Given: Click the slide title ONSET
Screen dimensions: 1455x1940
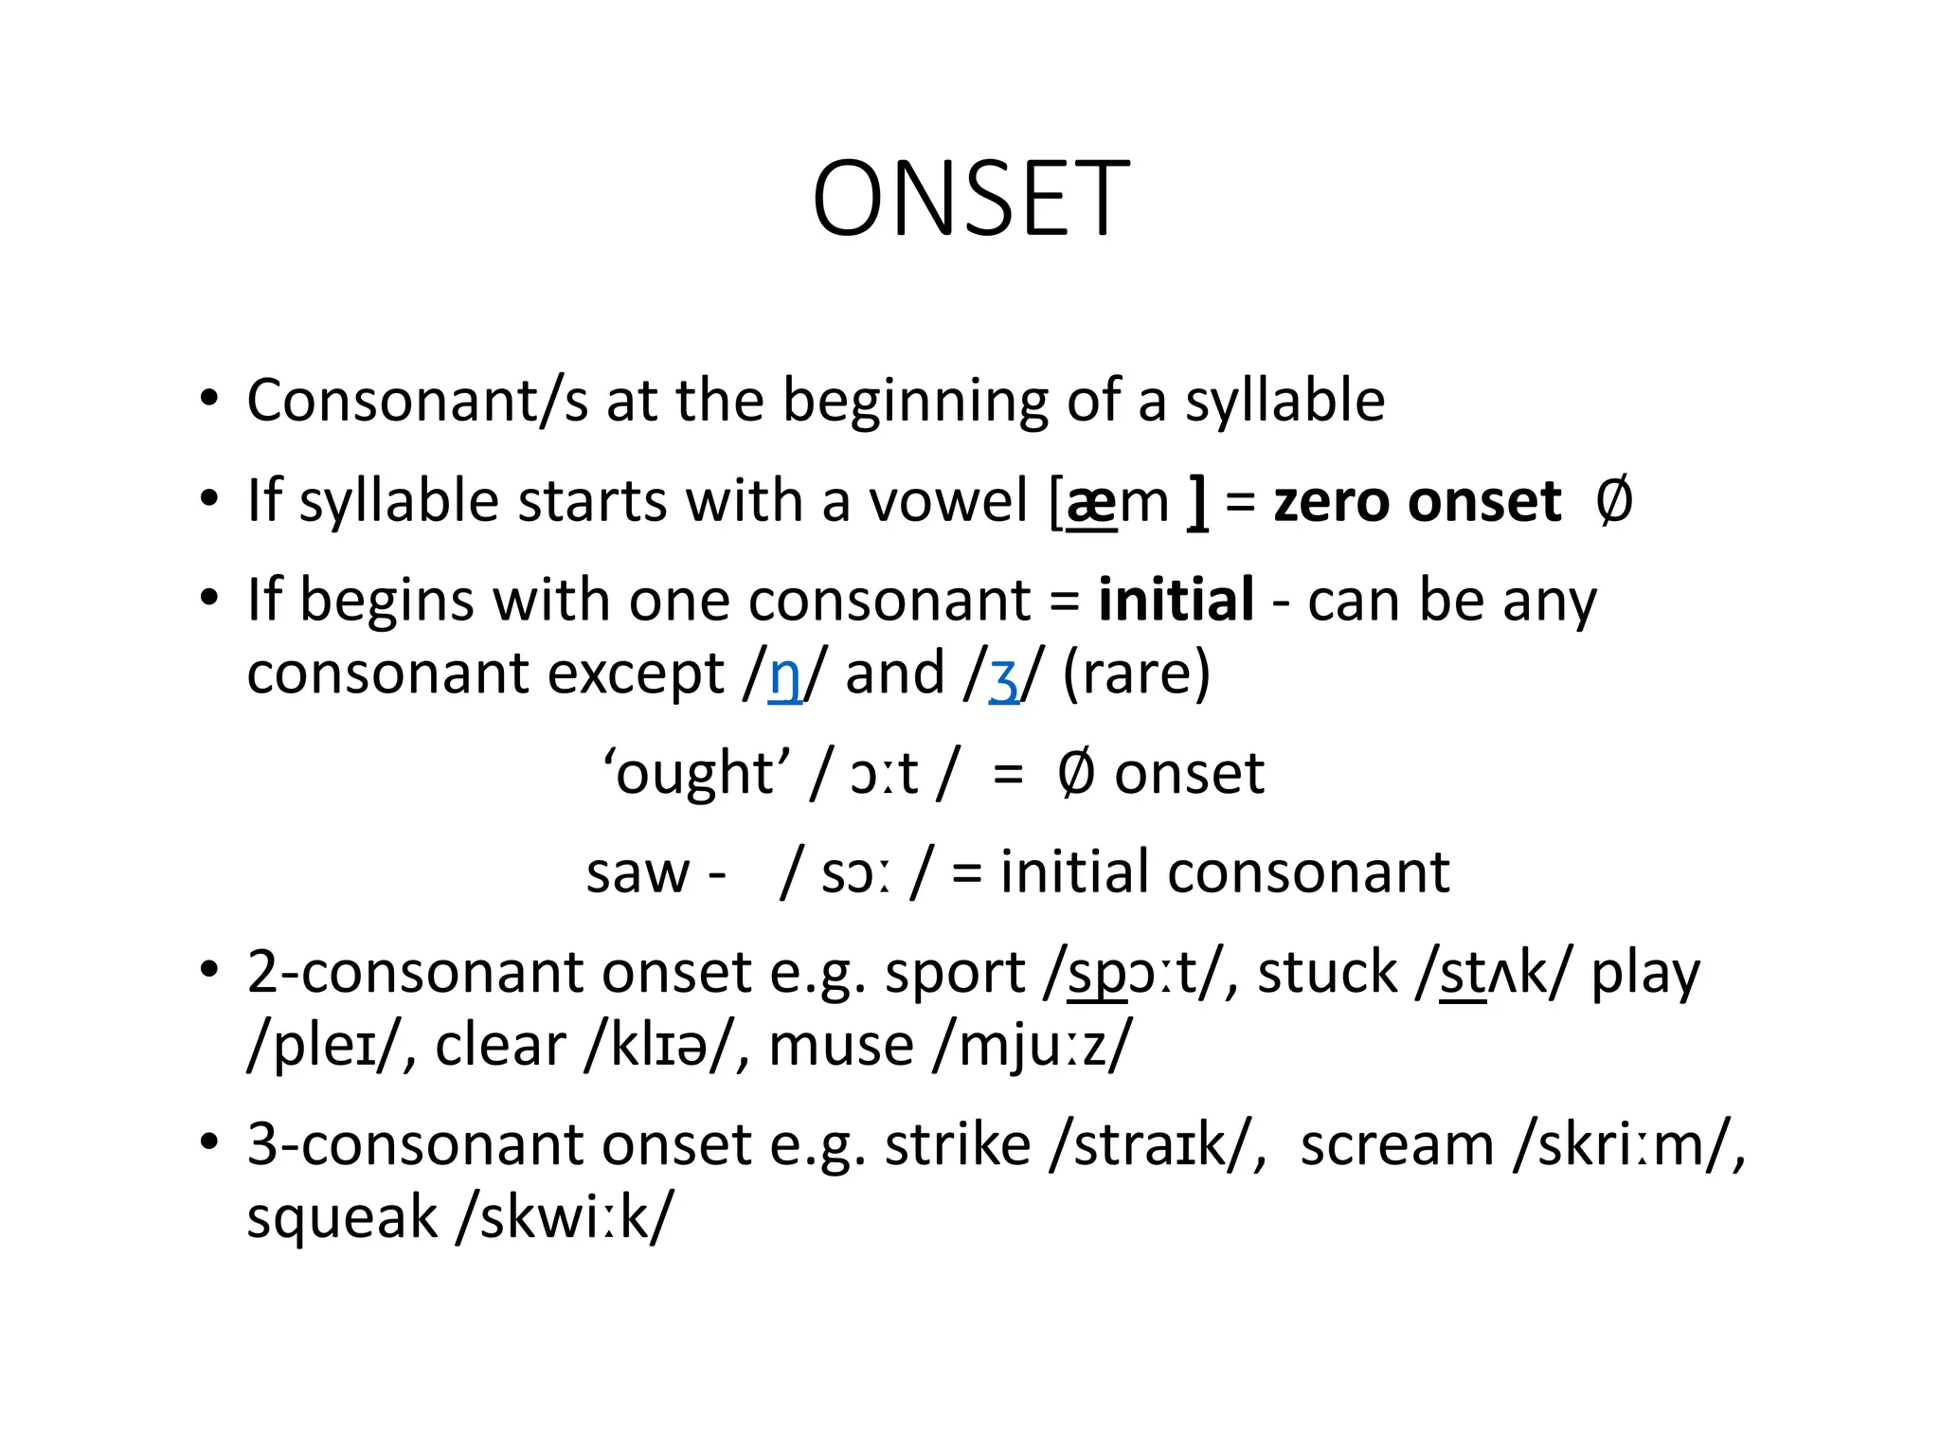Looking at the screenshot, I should click(x=970, y=200).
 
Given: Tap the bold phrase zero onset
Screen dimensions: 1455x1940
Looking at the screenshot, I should click(x=1416, y=501).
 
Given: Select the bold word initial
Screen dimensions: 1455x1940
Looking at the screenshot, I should click(x=1176, y=601).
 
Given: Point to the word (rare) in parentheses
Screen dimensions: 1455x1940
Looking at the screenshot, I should click(x=1136, y=674).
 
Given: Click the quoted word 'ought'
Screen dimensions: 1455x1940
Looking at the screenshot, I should click(x=696, y=773).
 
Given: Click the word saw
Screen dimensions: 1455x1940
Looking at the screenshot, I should click(x=638, y=873).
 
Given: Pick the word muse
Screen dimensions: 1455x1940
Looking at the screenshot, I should click(x=840, y=1047).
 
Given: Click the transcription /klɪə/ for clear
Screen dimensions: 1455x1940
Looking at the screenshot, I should click(x=659, y=1047).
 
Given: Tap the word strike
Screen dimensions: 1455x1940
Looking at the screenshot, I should click(x=957, y=1145).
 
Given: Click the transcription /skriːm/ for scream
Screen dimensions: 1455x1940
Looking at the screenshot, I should click(x=1626, y=1145).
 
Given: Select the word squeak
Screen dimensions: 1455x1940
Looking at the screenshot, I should click(x=341, y=1219).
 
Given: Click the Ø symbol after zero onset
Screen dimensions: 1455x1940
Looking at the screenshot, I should click(x=1613, y=501).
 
